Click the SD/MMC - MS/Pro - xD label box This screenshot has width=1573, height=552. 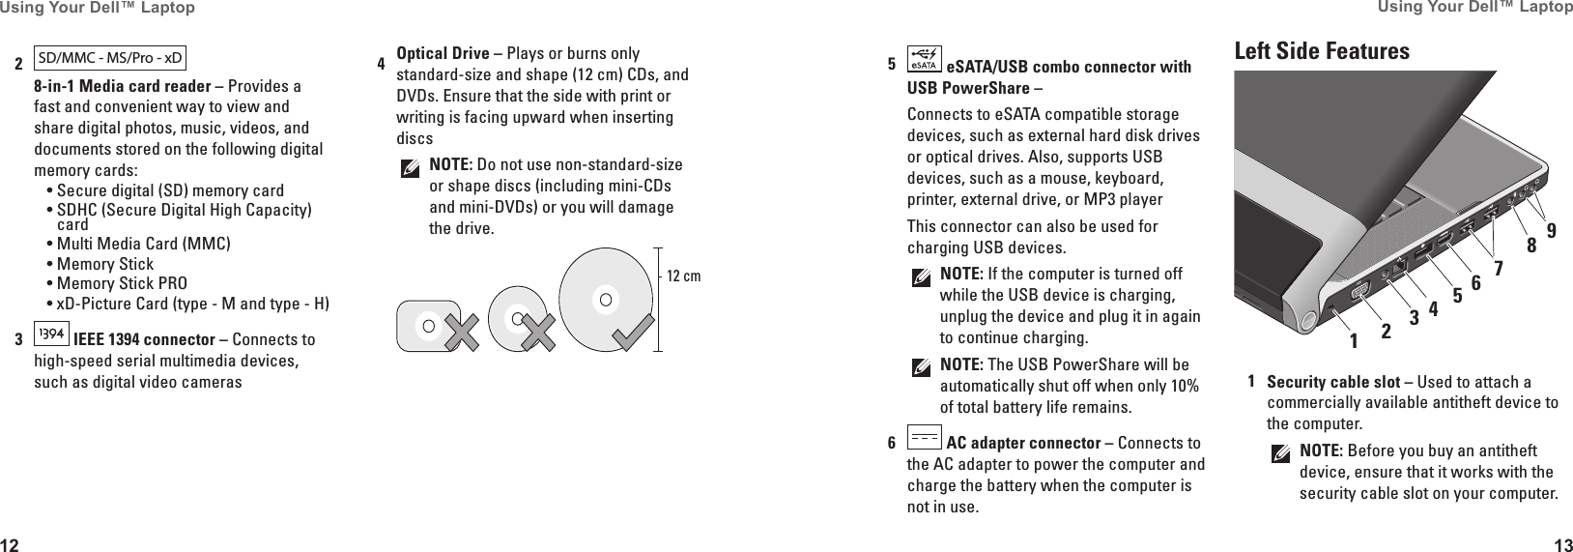pyautogui.click(x=109, y=58)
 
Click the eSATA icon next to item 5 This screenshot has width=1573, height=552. pyautogui.click(x=925, y=61)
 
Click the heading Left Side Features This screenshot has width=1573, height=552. pyautogui.click(x=1322, y=51)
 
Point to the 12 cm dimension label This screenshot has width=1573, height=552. pyautogui.click(x=684, y=277)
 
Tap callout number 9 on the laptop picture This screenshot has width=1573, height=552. pyautogui.click(x=1552, y=230)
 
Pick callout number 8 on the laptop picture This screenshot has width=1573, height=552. pyautogui.click(x=1531, y=246)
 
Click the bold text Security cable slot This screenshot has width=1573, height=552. pyautogui.click(x=1333, y=382)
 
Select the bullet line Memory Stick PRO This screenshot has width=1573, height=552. pyautogui.click(x=122, y=284)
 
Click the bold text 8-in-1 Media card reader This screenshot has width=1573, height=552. pyautogui.click(x=123, y=87)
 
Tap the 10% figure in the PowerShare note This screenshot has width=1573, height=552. pyautogui.click(x=1184, y=387)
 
